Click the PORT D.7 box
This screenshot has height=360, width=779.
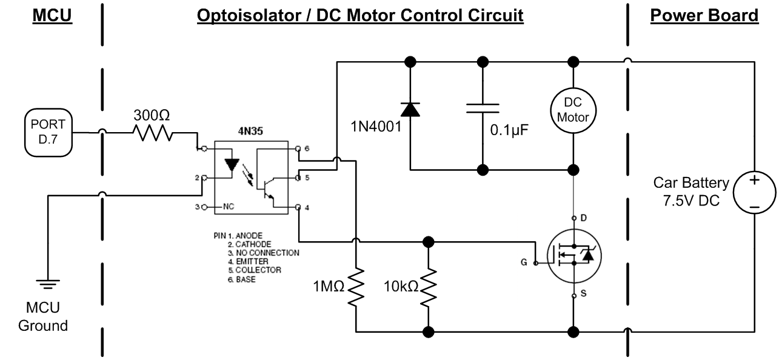48,133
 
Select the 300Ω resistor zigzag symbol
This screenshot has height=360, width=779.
153,133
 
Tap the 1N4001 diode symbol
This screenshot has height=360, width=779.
410,110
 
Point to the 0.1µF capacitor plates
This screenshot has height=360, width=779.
483,108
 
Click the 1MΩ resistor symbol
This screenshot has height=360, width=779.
356,287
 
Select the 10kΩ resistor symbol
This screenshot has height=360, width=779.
429,287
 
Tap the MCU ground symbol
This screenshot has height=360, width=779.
48,284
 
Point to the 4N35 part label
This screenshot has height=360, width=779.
250,131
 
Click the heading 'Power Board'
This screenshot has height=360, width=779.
704,16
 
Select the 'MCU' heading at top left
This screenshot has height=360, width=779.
52,16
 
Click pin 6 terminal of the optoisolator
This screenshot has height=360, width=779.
298,148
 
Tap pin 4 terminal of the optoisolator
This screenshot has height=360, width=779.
298,207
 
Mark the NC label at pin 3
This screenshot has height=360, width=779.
229,207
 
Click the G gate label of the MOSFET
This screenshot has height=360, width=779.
524,262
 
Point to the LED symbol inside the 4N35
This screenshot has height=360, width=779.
232,165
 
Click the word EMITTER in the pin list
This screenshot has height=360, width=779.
252,262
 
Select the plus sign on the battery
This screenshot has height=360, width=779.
754,180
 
